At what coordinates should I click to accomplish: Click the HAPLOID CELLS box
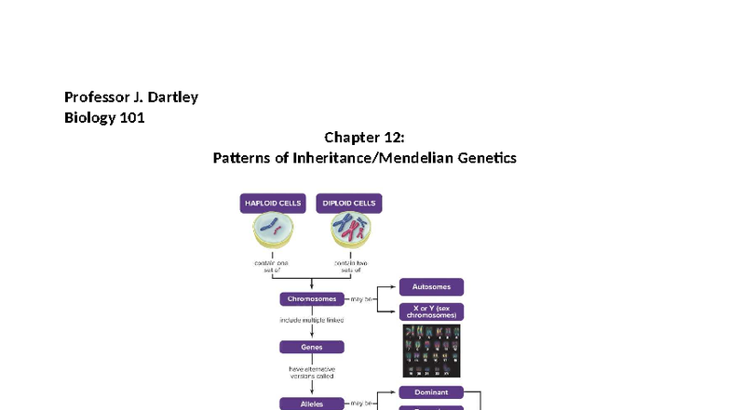pyautogui.click(x=272, y=203)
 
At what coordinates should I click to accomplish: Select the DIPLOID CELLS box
pyautogui.click(x=349, y=203)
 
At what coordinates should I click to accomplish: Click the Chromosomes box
pyautogui.click(x=311, y=299)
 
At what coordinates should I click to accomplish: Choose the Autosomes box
pyautogui.click(x=431, y=287)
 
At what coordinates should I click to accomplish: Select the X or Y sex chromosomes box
pyautogui.click(x=431, y=312)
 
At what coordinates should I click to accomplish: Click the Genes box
pyautogui.click(x=311, y=347)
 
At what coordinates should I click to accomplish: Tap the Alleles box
pyautogui.click(x=311, y=403)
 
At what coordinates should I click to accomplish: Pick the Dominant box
pyautogui.click(x=431, y=392)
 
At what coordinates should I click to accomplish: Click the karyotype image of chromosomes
pyautogui.click(x=431, y=350)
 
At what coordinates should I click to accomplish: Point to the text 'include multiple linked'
pyautogui.click(x=311, y=320)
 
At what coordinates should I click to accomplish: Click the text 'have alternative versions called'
pyautogui.click(x=311, y=373)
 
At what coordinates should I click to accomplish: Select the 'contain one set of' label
pyautogui.click(x=272, y=267)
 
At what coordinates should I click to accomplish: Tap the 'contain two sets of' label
pyautogui.click(x=349, y=267)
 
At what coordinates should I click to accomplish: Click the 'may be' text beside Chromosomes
pyautogui.click(x=358, y=299)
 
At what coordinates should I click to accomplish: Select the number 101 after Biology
pyautogui.click(x=132, y=118)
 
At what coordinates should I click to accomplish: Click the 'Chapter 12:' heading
pyautogui.click(x=364, y=138)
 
